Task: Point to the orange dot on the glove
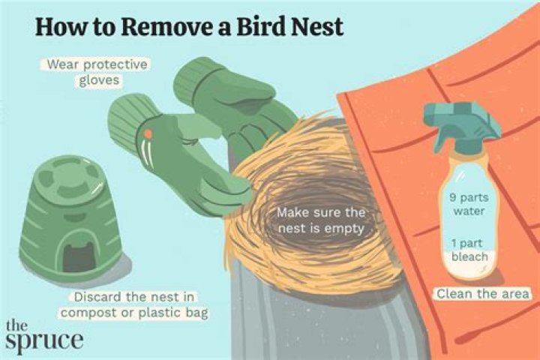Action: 149,133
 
